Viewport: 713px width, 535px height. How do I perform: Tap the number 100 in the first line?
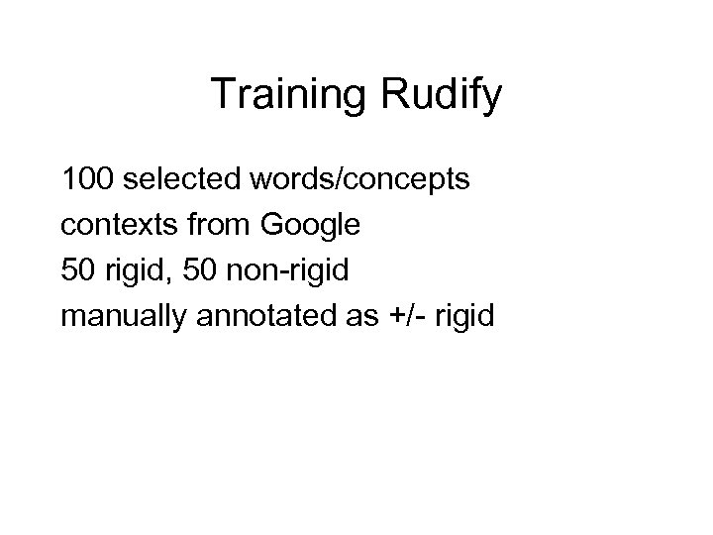87,182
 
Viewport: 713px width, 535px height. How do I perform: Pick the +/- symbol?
402,318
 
